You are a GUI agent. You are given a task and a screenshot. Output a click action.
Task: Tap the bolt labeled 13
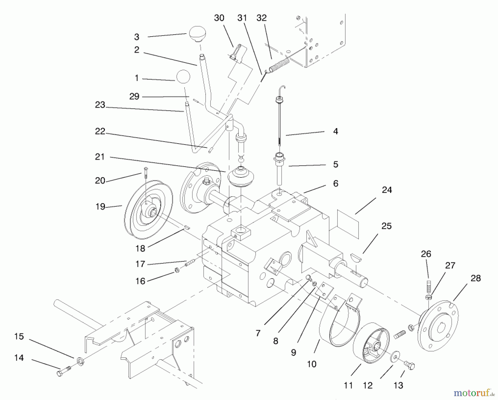(x=409, y=365)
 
